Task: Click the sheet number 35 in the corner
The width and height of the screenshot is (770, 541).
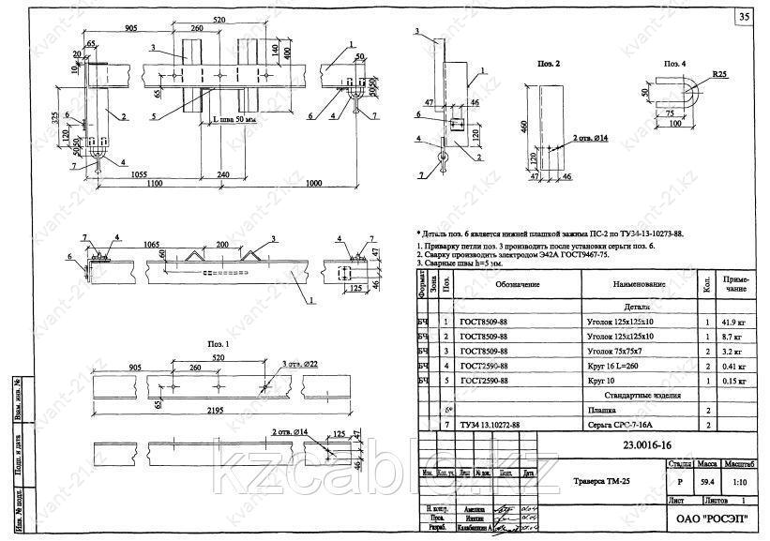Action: (744, 18)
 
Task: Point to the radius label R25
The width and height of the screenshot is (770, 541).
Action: (719, 72)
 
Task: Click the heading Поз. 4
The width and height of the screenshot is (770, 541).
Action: (675, 64)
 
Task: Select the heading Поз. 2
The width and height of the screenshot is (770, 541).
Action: (551, 64)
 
